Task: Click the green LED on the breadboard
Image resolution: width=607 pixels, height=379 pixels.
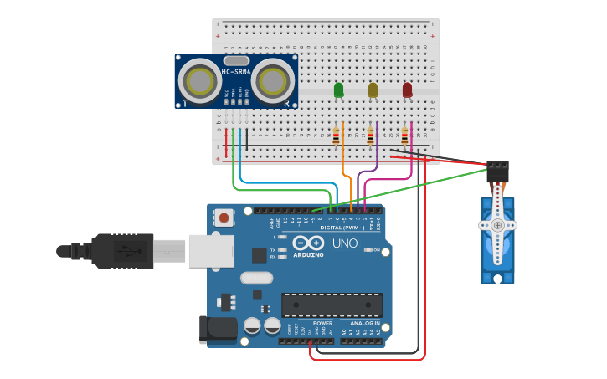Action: click(x=338, y=90)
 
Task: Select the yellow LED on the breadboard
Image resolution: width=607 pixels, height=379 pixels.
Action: click(x=373, y=90)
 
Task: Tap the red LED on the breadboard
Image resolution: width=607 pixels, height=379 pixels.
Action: click(x=407, y=90)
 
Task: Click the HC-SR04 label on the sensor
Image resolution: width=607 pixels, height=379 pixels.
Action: click(x=236, y=72)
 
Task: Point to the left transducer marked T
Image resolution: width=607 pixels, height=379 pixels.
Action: click(x=199, y=81)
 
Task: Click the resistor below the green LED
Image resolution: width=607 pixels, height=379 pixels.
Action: click(x=337, y=136)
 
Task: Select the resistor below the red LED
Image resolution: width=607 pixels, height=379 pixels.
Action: click(x=404, y=136)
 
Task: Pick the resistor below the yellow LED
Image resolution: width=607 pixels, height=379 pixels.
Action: click(x=370, y=136)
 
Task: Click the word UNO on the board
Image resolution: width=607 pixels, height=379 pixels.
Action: click(x=344, y=243)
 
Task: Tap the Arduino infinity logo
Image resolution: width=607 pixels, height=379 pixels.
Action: click(x=307, y=243)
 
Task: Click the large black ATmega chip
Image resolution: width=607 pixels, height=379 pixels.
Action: click(x=332, y=305)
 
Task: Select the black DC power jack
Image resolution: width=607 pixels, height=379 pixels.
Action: click(x=217, y=330)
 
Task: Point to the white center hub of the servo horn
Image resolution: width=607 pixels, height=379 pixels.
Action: click(x=497, y=225)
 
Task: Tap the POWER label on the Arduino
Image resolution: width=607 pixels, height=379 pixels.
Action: click(x=322, y=323)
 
